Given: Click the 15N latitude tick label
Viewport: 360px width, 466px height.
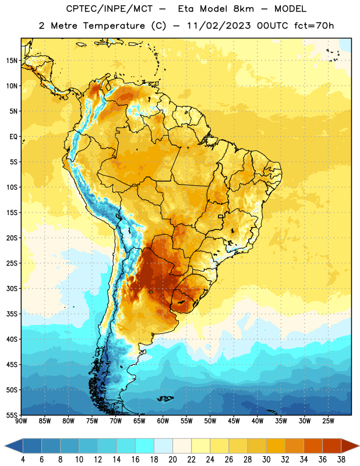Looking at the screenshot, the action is tap(12, 61).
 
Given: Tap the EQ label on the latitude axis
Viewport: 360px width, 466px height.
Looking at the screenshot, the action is tap(13, 137).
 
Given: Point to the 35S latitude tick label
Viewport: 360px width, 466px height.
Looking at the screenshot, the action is tap(12, 314).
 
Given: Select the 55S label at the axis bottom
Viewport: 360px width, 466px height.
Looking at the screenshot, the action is tap(12, 415).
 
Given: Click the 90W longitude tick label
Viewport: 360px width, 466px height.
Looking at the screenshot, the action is tap(21, 421).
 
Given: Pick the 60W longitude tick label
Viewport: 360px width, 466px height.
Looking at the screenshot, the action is tap(163, 421).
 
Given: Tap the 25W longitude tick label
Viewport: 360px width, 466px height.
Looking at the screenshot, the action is tap(328, 421).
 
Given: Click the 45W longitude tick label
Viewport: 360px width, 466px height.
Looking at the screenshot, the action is tap(234, 421).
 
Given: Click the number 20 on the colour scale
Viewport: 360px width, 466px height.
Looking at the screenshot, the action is tap(172, 460).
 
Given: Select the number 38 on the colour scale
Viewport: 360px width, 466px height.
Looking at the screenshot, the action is tap(341, 460).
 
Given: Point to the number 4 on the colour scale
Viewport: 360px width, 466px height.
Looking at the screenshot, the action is tap(23, 460).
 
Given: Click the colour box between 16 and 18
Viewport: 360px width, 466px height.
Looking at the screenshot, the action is tap(144, 446).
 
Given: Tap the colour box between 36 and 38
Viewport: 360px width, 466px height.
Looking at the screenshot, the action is tap(332, 446).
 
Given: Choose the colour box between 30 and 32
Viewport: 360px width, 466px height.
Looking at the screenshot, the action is tap(276, 446).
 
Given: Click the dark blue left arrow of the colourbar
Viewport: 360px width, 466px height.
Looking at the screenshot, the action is tap(13, 446).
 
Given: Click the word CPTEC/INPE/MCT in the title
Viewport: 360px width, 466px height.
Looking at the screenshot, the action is tap(109, 9).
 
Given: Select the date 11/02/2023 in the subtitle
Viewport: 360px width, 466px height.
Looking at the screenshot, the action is tap(219, 26).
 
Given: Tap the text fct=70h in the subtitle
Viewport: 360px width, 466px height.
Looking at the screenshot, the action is tap(314, 26).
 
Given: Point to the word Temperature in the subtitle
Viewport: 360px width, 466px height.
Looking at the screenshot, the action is tap(114, 26).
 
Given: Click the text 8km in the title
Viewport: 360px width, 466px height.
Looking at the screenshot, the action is tap(243, 9).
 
